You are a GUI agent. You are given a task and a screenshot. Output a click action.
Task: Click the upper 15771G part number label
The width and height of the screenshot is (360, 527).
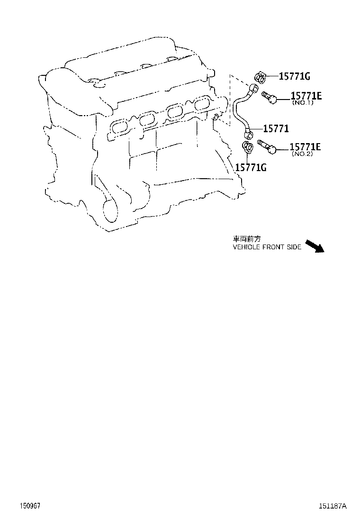click(x=294, y=76)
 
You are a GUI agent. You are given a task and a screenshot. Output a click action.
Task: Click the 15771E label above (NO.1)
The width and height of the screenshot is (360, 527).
click(x=306, y=96)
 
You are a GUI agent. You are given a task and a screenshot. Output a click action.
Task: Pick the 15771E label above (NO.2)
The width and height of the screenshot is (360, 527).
click(x=305, y=147)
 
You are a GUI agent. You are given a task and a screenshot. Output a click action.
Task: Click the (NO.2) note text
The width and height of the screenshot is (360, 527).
click(x=302, y=154)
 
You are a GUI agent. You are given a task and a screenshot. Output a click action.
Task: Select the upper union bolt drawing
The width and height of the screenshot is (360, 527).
click(x=269, y=98)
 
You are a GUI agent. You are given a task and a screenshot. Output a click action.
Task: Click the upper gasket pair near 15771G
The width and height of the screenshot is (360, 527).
click(x=261, y=76)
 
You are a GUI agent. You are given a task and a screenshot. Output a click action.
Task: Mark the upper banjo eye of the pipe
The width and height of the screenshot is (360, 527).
click(x=254, y=89)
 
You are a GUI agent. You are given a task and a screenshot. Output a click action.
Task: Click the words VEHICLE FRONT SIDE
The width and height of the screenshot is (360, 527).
click(x=267, y=247)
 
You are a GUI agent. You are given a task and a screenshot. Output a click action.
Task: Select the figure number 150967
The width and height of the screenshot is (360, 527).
click(x=29, y=506)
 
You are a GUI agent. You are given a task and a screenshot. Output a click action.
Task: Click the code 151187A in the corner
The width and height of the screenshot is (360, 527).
click(x=332, y=506)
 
